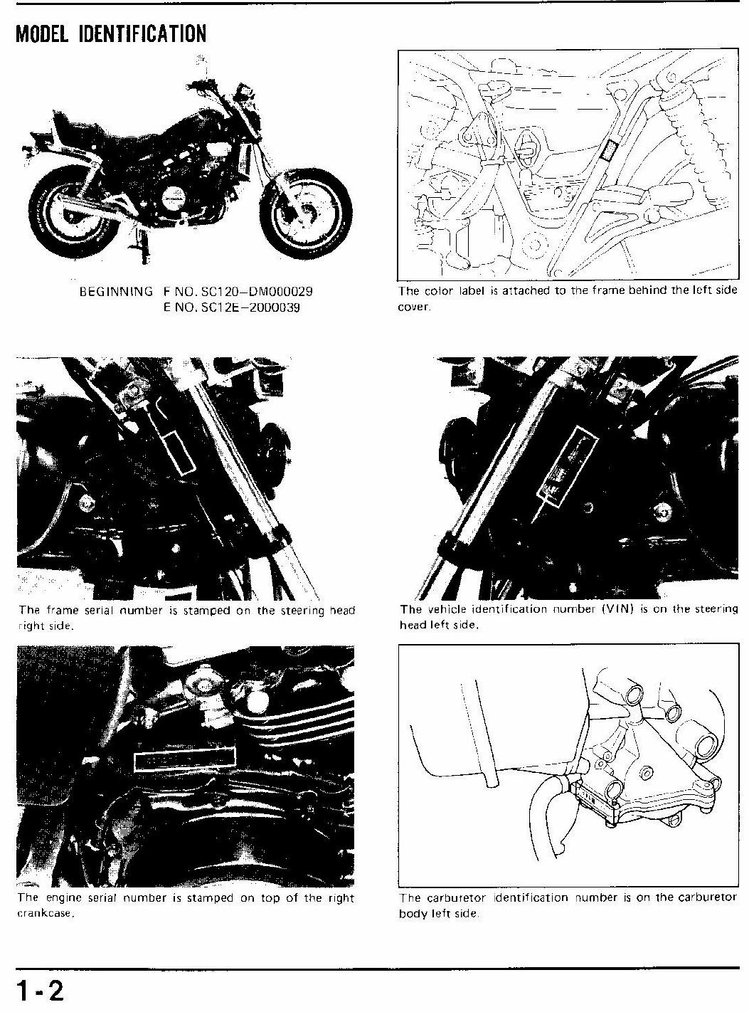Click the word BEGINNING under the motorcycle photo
116,292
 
